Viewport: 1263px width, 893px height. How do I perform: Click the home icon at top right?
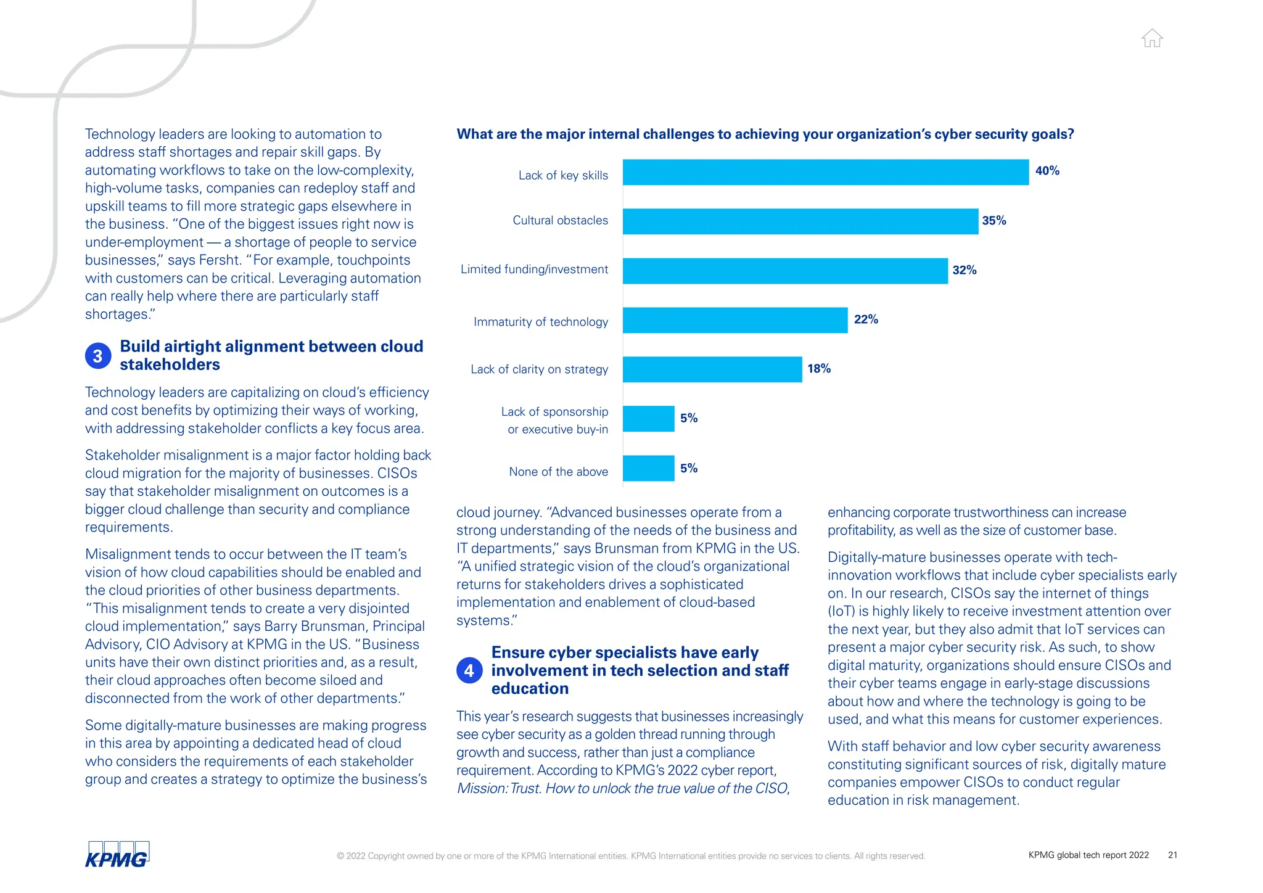[x=1151, y=38]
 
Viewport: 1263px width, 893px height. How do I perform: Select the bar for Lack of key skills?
[x=825, y=172]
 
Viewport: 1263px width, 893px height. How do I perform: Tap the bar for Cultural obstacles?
[x=800, y=221]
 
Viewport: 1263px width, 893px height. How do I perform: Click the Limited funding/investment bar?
[x=784, y=271]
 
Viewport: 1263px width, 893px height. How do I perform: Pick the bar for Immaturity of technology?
[x=734, y=320]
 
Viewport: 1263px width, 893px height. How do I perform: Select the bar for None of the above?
[x=648, y=468]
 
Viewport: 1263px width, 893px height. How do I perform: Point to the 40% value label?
[x=1047, y=171]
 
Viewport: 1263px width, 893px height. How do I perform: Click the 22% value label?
[x=865, y=319]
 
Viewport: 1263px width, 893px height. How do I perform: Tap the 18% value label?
[x=818, y=369]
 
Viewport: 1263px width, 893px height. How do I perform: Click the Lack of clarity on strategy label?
[x=539, y=369]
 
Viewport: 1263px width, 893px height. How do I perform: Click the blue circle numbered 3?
[x=98, y=356]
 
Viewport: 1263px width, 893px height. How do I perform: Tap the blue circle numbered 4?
[x=469, y=670]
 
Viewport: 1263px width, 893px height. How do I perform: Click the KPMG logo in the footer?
[x=117, y=855]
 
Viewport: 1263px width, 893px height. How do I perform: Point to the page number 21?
[x=1172, y=855]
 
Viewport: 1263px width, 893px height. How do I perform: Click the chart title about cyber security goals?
[x=765, y=134]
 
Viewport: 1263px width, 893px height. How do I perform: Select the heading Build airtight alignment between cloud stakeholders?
[x=271, y=355]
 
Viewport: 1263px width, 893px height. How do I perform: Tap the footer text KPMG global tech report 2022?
[x=1088, y=855]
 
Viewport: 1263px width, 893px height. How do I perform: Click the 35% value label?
[x=994, y=221]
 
